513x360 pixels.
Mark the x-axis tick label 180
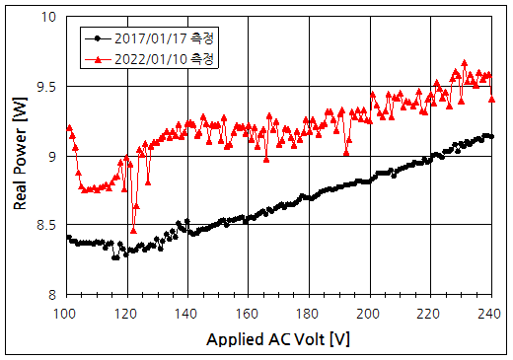pos(309,313)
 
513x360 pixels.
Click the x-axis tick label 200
pos(370,313)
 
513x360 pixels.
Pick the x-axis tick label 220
pos(430,313)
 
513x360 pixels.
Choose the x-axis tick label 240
pos(488,313)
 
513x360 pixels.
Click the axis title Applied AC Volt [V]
pos(278,338)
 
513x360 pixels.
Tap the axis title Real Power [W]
pos(20,156)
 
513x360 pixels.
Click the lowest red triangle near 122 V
pos(133,230)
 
